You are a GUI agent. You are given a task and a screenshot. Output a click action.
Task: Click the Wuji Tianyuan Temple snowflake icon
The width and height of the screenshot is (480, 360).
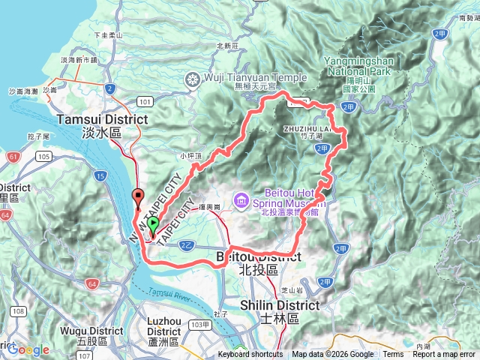(x=193, y=79)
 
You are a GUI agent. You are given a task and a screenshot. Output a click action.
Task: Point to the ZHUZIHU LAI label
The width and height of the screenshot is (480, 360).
(x=308, y=129)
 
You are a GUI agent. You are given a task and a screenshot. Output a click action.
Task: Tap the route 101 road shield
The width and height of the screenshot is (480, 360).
(x=145, y=102)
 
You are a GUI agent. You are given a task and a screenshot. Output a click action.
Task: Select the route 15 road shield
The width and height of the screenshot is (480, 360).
(x=101, y=175)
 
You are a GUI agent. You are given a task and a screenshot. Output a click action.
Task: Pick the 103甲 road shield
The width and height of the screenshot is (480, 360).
(x=200, y=325)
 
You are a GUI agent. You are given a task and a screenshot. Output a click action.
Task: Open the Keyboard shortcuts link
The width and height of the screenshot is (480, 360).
(x=250, y=355)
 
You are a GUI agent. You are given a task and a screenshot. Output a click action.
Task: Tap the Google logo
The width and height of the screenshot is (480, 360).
(x=28, y=349)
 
